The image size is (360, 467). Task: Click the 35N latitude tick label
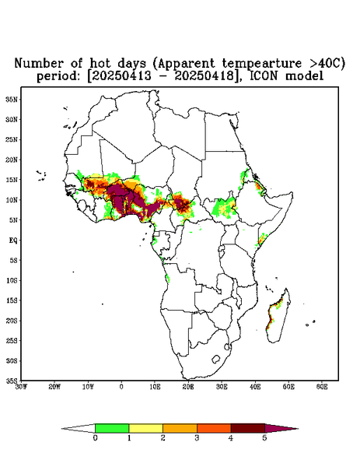(x=12, y=100)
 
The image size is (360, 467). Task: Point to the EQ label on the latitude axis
(x=13, y=240)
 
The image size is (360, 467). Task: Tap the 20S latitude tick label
(x=12, y=321)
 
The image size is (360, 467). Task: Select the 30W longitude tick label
(x=21, y=387)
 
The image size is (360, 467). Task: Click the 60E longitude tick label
(x=322, y=387)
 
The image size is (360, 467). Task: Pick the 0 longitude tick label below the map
(x=121, y=387)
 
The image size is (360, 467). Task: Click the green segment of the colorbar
(x=112, y=428)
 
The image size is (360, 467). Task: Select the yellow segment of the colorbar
(x=145, y=428)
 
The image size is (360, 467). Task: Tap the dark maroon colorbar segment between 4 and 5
(x=248, y=428)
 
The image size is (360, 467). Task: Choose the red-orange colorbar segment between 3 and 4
(x=214, y=428)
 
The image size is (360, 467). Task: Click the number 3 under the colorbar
(x=197, y=438)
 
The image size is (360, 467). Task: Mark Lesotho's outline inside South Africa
(x=215, y=359)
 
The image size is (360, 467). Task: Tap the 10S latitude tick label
(x=12, y=280)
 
